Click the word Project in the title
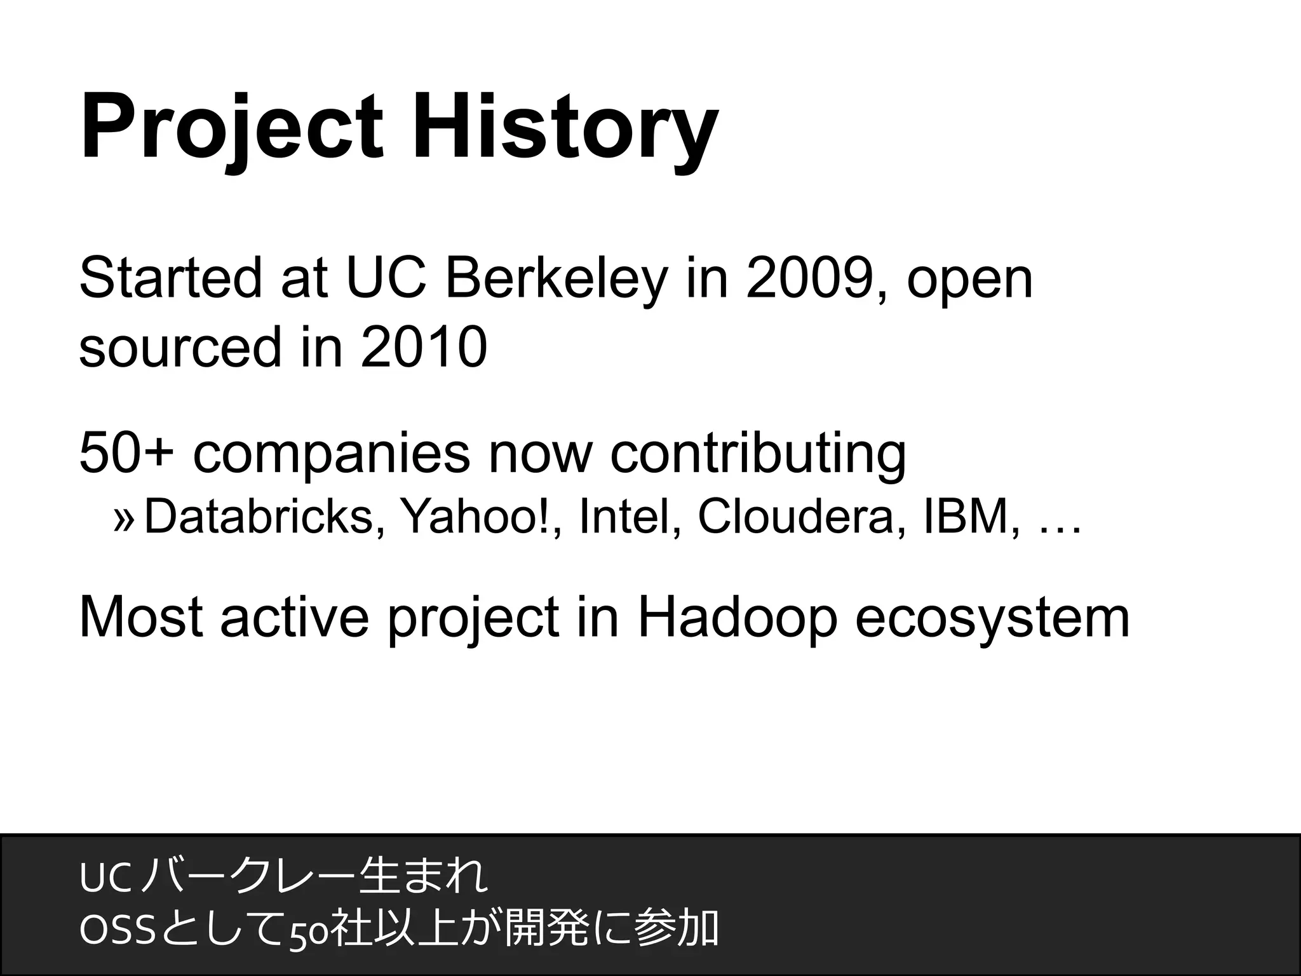pos(232,127)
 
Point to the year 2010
pos(424,348)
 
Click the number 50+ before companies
pos(126,453)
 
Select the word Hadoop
pos(737,620)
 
